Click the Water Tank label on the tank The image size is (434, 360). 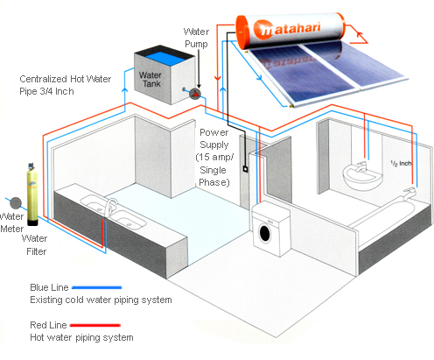click(150, 80)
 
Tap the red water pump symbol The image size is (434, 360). click(195, 94)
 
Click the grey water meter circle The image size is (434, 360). click(16, 203)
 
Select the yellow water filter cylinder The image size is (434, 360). click(32, 194)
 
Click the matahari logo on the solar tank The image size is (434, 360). click(287, 29)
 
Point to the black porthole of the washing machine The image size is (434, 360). click(265, 233)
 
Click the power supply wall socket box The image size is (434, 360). click(246, 169)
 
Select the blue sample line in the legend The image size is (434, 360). click(96, 287)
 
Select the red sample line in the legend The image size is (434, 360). click(95, 325)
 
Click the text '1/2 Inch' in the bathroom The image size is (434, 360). click(401, 164)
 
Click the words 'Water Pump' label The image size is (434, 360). click(196, 38)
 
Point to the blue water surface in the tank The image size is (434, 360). click(165, 58)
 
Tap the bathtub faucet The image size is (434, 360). click(409, 194)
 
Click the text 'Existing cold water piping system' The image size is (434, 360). click(101, 300)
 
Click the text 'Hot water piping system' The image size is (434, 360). click(81, 338)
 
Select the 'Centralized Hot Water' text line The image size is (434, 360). click(66, 79)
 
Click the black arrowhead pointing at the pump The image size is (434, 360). click(199, 86)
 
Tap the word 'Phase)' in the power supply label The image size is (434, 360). click(214, 182)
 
